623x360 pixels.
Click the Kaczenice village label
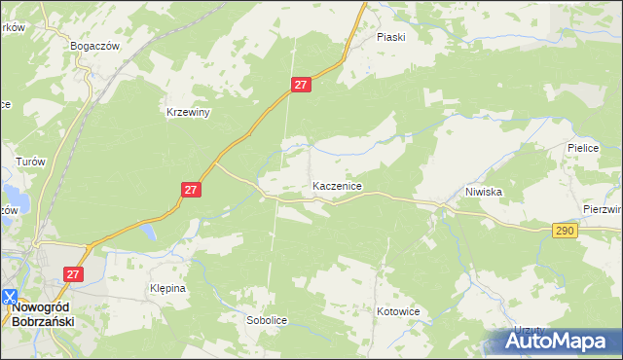tap(337, 185)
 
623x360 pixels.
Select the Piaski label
tap(390, 37)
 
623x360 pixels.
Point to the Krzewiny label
tap(188, 112)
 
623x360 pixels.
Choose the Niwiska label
tap(483, 192)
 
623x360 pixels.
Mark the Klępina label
tap(167, 289)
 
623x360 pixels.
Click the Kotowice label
tap(397, 312)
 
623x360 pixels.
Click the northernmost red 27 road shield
tap(301, 86)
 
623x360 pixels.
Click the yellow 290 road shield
tap(565, 231)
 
